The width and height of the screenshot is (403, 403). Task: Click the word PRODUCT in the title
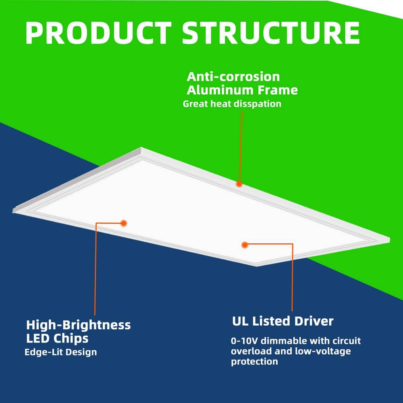[98, 33]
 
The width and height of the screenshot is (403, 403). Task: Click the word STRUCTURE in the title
[271, 33]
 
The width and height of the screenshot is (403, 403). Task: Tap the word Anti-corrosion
[233, 77]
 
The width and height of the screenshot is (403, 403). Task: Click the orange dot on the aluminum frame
[239, 184]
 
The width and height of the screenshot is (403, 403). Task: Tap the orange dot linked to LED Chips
[124, 223]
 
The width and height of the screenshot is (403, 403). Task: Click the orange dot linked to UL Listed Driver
[245, 245]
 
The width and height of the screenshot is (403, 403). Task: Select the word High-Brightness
[79, 325]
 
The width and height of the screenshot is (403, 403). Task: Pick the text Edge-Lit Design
[61, 352]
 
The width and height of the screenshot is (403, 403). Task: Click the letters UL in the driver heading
[240, 321]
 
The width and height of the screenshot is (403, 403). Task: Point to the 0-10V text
[245, 341]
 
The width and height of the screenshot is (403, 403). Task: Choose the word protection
[254, 362]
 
